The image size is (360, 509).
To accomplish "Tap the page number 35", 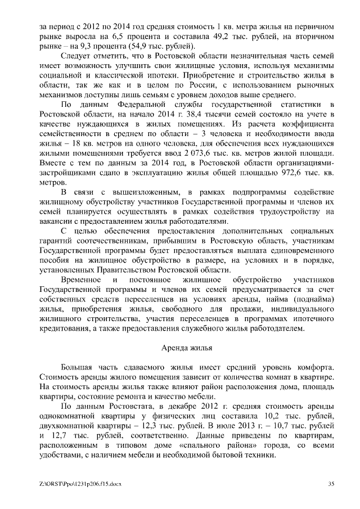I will pyautogui.click(x=332, y=483).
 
